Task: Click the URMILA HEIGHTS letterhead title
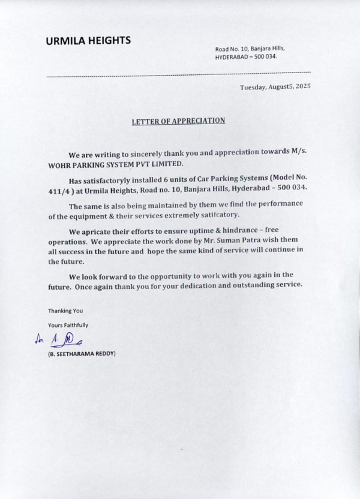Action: pyautogui.click(x=88, y=41)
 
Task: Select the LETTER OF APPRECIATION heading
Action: pyautogui.click(x=179, y=121)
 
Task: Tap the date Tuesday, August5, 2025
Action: pyautogui.click(x=275, y=87)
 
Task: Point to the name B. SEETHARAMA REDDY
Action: pyautogui.click(x=82, y=354)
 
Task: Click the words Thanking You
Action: pyautogui.click(x=65, y=311)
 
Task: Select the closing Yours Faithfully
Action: pyautogui.click(x=68, y=325)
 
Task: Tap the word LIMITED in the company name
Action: pyautogui.click(x=160, y=164)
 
